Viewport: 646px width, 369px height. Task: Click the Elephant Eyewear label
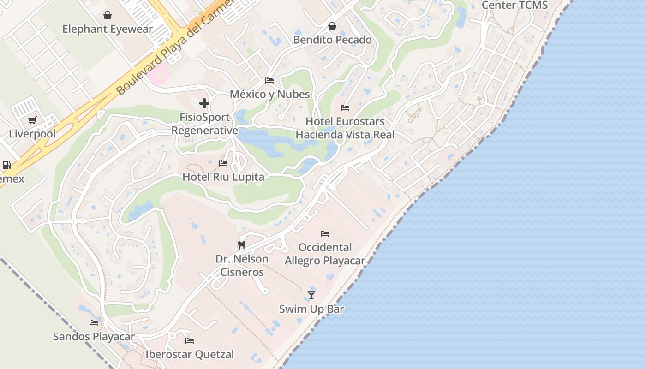tap(107, 29)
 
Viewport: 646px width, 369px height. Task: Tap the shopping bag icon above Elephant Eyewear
tap(108, 15)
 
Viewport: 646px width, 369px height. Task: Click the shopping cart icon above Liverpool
tap(32, 120)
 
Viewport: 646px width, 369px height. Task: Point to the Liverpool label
tap(32, 134)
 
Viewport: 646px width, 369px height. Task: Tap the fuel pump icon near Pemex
tap(6, 165)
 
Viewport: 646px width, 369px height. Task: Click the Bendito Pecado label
tap(332, 40)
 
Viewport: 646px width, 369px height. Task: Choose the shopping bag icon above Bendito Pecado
tap(332, 26)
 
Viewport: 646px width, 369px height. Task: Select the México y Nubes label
tap(270, 94)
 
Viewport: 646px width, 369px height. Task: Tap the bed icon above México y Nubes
tap(269, 81)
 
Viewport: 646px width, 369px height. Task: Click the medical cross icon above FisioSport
tap(204, 103)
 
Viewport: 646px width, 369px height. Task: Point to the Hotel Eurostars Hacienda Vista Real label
tap(345, 128)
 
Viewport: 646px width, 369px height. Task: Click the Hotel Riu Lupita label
tap(223, 177)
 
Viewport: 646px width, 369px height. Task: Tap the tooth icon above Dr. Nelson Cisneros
tap(241, 245)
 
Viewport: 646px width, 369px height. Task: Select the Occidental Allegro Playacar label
tap(325, 254)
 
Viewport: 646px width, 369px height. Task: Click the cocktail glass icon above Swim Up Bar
tap(311, 295)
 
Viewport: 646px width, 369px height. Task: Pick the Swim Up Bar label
tap(311, 309)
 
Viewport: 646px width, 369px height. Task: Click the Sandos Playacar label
tap(94, 336)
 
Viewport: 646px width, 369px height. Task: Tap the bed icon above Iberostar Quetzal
tap(190, 341)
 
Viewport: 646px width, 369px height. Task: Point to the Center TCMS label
tap(514, 5)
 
